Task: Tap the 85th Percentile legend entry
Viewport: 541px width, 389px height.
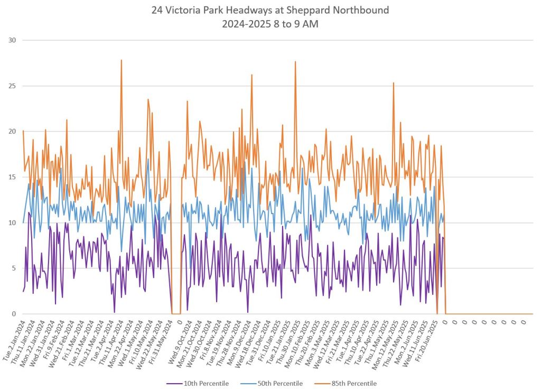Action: [x=351, y=383]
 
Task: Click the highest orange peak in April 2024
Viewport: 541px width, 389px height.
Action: [x=122, y=60]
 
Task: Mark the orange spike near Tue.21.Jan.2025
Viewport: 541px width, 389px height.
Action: [x=295, y=62]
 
